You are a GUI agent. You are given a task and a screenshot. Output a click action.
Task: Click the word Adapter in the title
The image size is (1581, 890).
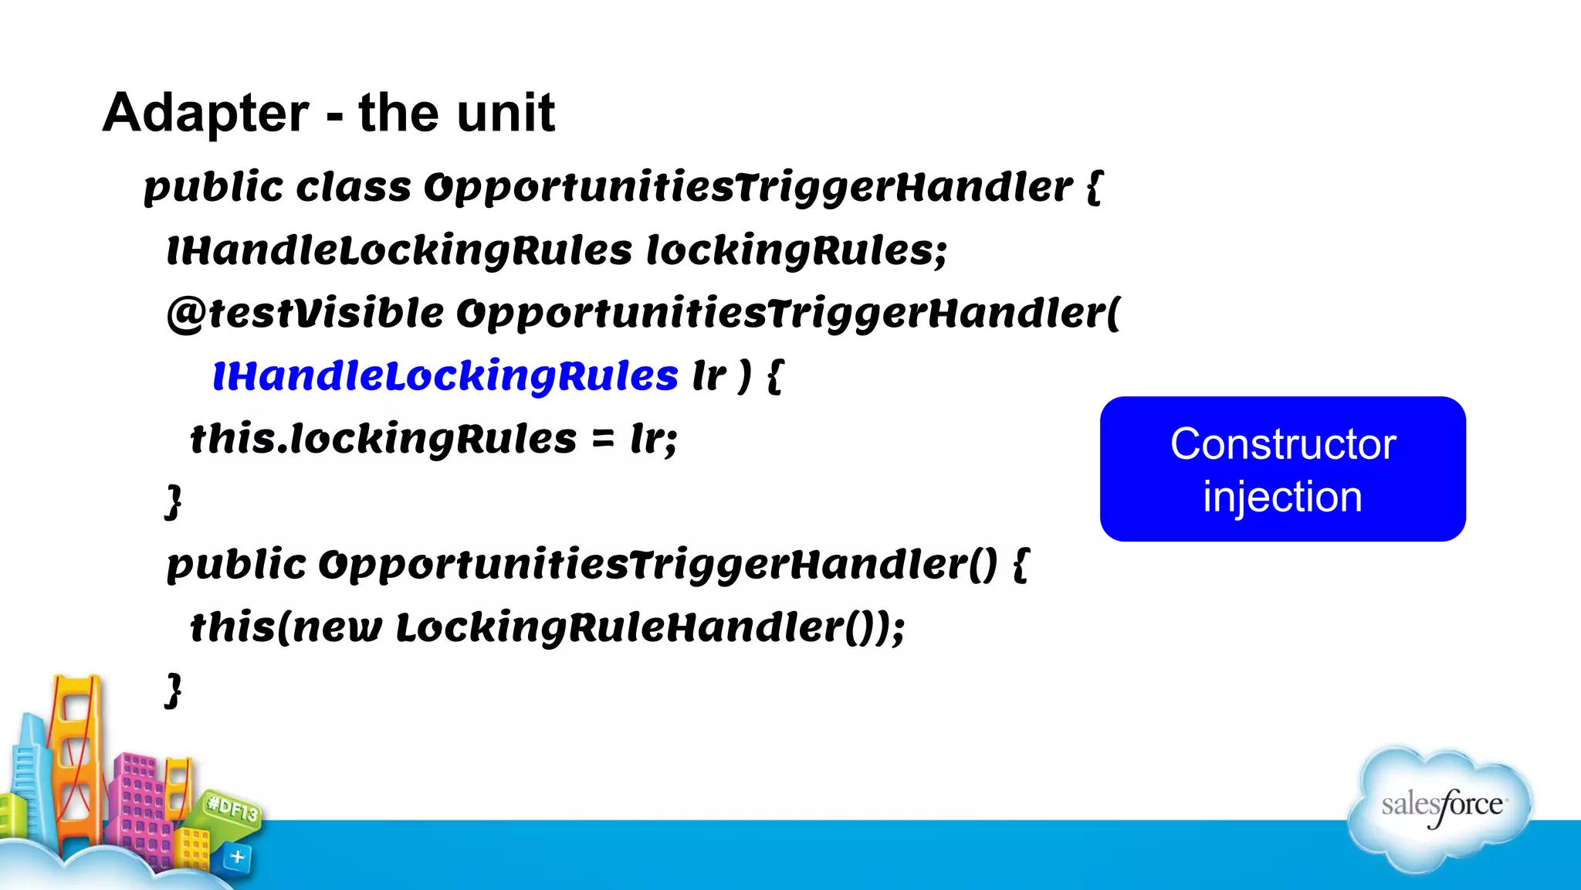point(205,114)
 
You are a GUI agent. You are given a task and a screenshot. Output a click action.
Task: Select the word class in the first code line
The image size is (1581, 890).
point(354,188)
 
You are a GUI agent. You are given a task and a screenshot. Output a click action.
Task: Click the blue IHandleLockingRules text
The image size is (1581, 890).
point(445,376)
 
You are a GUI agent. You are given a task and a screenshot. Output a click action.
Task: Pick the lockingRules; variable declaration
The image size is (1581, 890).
point(796,251)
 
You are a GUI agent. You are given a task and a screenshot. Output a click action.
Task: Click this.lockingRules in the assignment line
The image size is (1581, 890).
point(383,439)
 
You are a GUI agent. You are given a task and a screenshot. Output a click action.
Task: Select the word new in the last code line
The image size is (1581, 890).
point(337,627)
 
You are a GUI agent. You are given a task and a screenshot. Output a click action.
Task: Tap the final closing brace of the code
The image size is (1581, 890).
point(174,690)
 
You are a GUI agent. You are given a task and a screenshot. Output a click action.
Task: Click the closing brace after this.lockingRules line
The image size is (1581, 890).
point(174,502)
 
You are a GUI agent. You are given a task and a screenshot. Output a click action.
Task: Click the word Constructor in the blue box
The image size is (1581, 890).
point(1282,444)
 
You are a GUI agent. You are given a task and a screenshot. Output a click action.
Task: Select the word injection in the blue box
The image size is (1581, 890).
point(1282,497)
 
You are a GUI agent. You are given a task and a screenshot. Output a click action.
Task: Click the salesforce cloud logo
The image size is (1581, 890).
point(1441,807)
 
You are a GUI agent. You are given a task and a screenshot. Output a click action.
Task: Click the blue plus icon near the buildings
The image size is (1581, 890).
point(238,857)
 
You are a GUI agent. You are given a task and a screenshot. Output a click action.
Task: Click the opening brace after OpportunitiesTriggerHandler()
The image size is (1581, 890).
point(1021,565)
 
